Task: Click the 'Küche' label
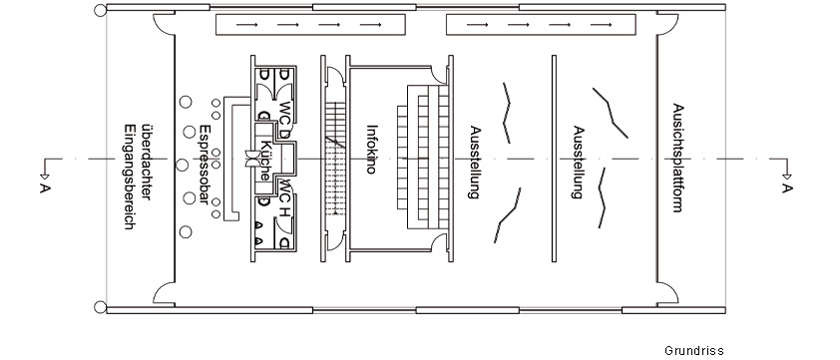coord(264,162)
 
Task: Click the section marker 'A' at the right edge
coord(787,186)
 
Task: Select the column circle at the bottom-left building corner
coord(99,306)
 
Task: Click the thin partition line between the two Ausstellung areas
coord(554,160)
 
